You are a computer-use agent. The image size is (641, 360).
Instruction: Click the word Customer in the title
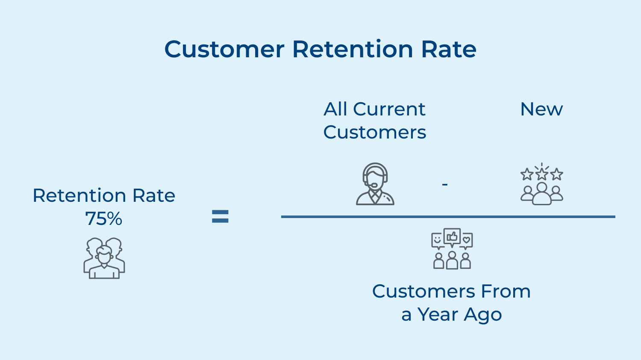click(x=224, y=49)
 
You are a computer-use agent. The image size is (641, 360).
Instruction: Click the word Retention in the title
click(x=353, y=49)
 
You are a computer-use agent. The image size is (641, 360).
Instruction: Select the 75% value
click(x=104, y=219)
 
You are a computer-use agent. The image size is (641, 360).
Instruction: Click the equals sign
click(x=220, y=217)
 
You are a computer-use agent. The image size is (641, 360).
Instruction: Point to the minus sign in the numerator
click(x=445, y=184)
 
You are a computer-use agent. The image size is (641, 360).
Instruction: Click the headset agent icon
click(x=375, y=184)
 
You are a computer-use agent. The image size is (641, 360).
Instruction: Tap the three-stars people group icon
click(x=541, y=185)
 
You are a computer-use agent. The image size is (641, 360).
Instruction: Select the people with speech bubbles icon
click(x=452, y=249)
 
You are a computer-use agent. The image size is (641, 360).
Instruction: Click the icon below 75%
click(x=104, y=258)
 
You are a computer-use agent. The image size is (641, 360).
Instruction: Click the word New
click(x=541, y=109)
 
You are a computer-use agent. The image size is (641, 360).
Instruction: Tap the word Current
click(x=389, y=109)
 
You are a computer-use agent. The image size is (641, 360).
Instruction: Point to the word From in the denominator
click(x=506, y=292)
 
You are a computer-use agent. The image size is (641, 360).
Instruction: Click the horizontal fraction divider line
click(x=448, y=217)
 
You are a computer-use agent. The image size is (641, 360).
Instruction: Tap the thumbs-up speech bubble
click(x=452, y=236)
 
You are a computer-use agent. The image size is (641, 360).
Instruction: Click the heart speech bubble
click(x=467, y=240)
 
